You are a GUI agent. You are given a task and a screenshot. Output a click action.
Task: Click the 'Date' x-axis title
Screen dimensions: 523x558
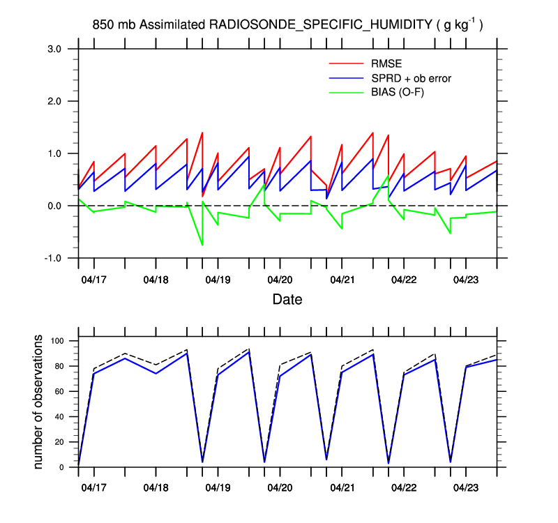point(287,300)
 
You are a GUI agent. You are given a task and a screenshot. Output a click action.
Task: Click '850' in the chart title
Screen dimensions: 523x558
point(103,25)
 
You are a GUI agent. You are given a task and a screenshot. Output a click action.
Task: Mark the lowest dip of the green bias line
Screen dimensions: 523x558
point(202,245)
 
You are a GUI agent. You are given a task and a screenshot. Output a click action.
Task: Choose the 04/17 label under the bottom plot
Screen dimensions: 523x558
point(94,485)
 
